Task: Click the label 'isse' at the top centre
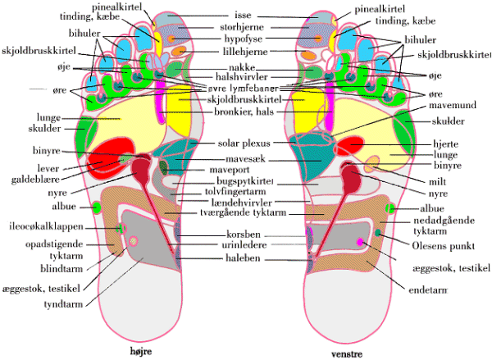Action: [x=244, y=15]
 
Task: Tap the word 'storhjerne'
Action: [x=244, y=27]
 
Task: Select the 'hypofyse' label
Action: [x=244, y=39]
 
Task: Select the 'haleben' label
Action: [x=243, y=257]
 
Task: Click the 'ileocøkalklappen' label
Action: [x=43, y=227]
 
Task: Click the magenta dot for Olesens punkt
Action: [x=361, y=242]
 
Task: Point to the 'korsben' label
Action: [x=243, y=234]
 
